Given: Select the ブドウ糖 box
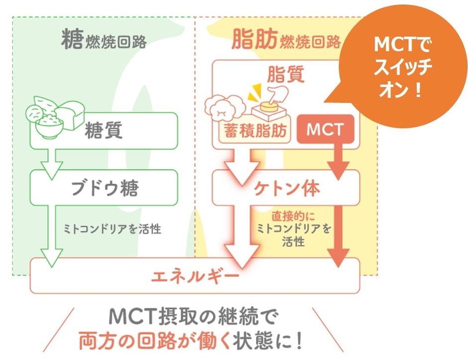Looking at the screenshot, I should (x=105, y=189).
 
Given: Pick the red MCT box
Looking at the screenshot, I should (x=325, y=130).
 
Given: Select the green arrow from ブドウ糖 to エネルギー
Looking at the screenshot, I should (x=49, y=234).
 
